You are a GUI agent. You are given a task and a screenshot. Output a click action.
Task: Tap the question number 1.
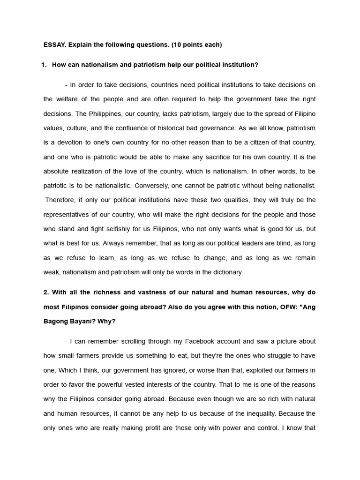click(x=44, y=65)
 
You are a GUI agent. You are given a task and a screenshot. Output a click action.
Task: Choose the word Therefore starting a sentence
click(x=60, y=200)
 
